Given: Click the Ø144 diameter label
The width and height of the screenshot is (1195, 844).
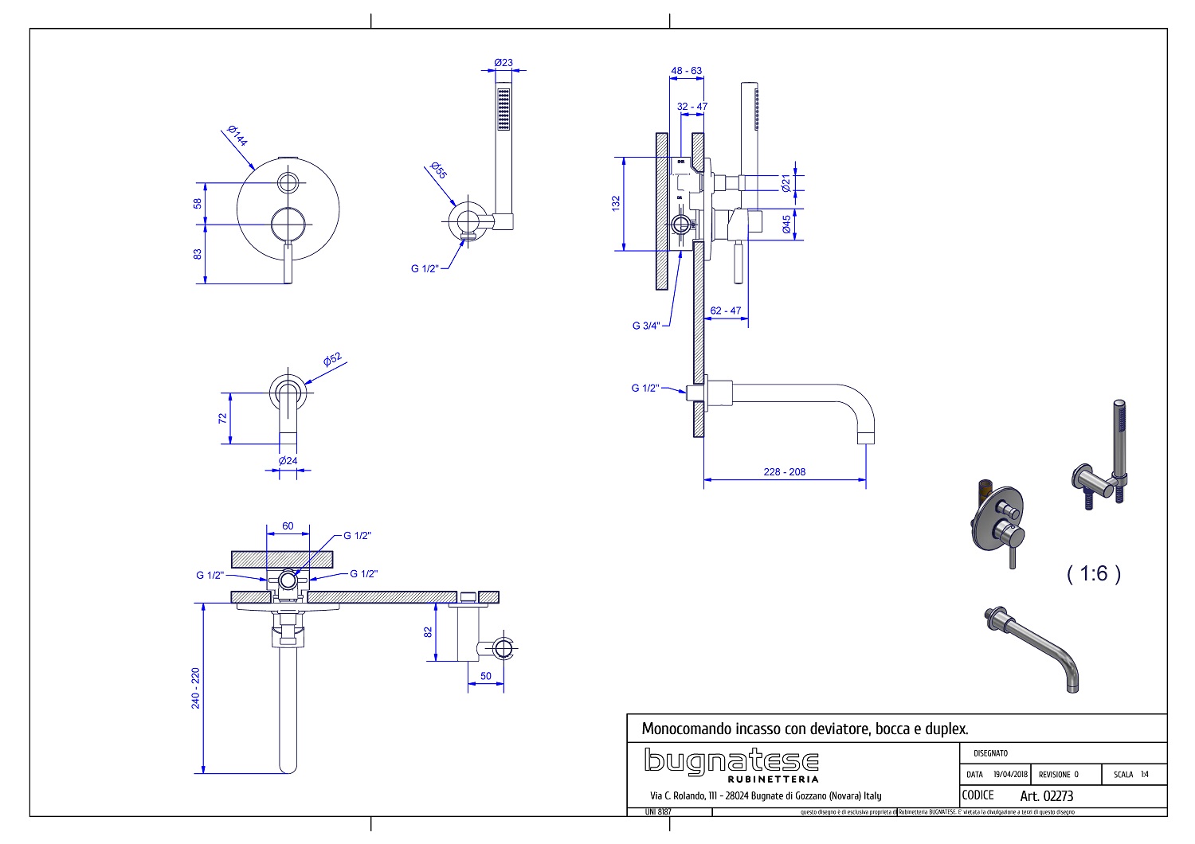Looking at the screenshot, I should [237, 136].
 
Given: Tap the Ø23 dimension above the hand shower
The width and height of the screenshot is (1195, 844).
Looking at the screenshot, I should [503, 62].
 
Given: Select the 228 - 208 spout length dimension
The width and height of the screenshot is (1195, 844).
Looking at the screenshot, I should [784, 471].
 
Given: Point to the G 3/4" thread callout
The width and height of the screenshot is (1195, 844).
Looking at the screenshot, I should [646, 325].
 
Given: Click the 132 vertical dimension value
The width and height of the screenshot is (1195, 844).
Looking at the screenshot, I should [615, 203].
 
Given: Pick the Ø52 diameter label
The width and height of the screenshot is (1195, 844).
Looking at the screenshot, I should [332, 359].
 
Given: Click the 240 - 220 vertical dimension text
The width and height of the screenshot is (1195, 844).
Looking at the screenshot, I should [197, 688].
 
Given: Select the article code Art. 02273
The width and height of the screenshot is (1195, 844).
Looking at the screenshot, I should [1047, 795].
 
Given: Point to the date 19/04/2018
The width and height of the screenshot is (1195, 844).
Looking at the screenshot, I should [1010, 774].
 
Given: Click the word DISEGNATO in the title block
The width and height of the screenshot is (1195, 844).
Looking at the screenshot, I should [991, 752].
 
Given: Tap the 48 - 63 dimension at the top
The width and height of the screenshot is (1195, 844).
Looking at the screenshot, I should [686, 71].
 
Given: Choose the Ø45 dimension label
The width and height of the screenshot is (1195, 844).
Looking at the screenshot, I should [787, 225].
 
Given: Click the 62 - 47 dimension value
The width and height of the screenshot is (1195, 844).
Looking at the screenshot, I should [725, 311].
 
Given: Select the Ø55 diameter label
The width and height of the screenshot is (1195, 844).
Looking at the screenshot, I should [438, 171].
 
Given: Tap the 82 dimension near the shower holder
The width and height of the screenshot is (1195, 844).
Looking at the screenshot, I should [428, 631].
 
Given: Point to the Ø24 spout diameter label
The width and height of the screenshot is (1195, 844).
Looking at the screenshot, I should [288, 460].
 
